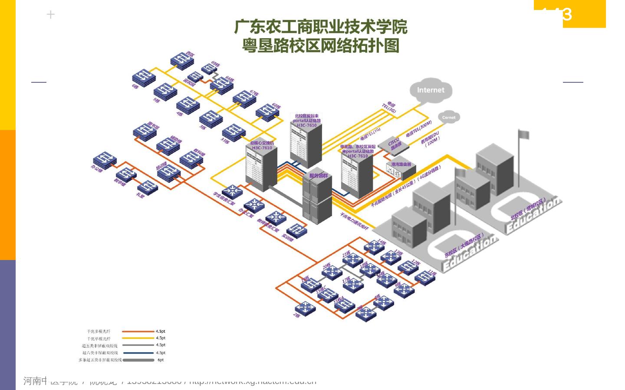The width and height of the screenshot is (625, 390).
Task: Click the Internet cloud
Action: [431, 90]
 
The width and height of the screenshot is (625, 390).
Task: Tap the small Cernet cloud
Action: [449, 117]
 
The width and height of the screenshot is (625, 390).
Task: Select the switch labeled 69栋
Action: [210, 68]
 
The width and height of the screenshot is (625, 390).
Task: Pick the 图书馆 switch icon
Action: [145, 132]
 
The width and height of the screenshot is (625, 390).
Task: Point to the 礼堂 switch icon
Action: [148, 187]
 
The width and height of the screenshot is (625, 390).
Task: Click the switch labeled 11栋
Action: [425, 277]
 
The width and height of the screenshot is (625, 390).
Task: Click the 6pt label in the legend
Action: [161, 360]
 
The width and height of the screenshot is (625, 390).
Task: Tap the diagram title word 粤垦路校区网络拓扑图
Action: [321, 45]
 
